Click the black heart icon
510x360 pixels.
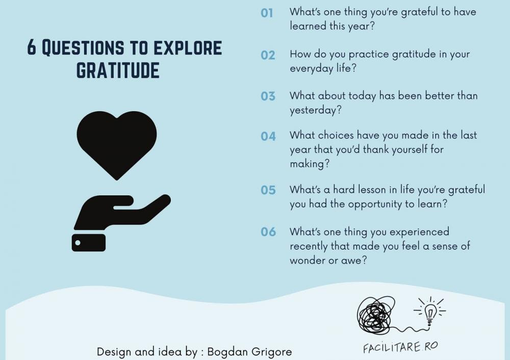117,143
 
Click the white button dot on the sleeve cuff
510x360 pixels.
78,243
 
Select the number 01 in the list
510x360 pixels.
267,13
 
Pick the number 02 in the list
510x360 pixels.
268,55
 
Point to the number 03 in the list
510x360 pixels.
268,96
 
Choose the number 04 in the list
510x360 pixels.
268,136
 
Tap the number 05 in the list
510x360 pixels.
268,190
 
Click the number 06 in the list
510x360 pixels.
268,232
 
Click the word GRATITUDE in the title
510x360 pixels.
118,70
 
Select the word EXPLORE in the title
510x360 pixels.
187,47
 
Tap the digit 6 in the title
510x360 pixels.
31,47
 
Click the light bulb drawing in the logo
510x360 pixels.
429,311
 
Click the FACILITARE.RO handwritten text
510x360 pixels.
400,347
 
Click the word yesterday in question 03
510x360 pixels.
316,110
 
